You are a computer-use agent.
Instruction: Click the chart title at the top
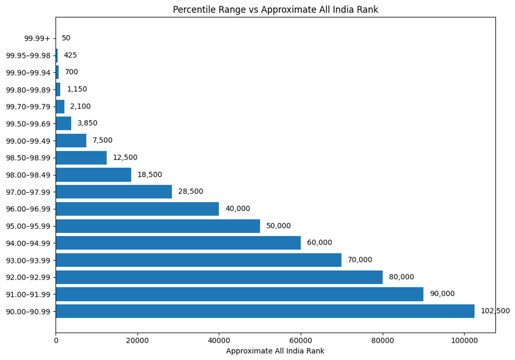tap(276, 9)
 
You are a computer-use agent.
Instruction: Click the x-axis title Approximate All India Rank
tap(275, 351)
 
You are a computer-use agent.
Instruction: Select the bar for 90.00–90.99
tap(265, 311)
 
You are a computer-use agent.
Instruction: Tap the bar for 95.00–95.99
tap(158, 226)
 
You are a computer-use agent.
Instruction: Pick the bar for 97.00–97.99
tap(114, 192)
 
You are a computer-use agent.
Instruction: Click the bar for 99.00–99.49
tap(71, 141)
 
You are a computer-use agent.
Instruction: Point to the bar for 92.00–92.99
tap(219, 277)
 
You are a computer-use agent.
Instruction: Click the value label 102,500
tap(495, 311)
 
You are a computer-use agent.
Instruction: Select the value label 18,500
tap(150, 175)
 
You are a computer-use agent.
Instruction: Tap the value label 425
tap(70, 55)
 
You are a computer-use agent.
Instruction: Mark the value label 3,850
tap(88, 124)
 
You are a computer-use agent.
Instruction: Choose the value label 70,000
tap(360, 260)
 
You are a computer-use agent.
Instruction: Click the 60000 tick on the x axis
tap(301, 340)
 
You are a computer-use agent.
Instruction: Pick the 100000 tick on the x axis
tap(464, 340)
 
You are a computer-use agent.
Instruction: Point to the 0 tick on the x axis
tap(56, 340)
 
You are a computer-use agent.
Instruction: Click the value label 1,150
tap(77, 89)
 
